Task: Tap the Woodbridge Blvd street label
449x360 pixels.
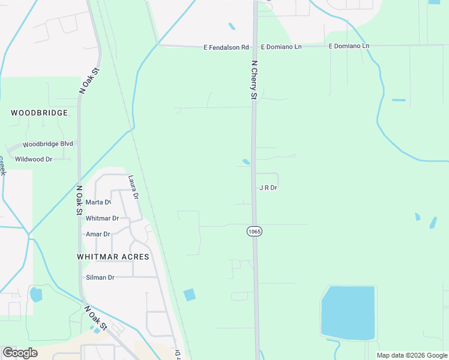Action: click(x=48, y=144)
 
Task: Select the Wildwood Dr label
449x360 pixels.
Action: click(x=34, y=159)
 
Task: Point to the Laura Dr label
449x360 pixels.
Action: click(x=133, y=187)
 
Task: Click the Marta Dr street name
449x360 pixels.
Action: click(x=98, y=202)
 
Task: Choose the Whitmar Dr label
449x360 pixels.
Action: click(x=101, y=218)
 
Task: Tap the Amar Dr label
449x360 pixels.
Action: click(x=98, y=234)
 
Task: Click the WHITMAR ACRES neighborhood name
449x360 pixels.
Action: click(x=113, y=256)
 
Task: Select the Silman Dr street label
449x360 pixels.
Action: click(x=100, y=277)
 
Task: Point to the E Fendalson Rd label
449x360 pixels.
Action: click(x=226, y=47)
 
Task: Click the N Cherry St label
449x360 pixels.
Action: click(x=254, y=80)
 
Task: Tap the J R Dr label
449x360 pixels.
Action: click(x=268, y=188)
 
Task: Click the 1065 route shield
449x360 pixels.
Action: click(x=254, y=231)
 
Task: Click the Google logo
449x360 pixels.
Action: click(x=20, y=353)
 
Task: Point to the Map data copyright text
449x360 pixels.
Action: click(x=411, y=355)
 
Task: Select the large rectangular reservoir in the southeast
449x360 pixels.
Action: click(x=348, y=313)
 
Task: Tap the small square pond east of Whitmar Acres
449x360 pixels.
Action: click(x=190, y=295)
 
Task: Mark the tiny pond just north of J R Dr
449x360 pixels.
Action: click(x=246, y=161)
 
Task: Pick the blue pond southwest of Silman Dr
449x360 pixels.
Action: click(x=36, y=295)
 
